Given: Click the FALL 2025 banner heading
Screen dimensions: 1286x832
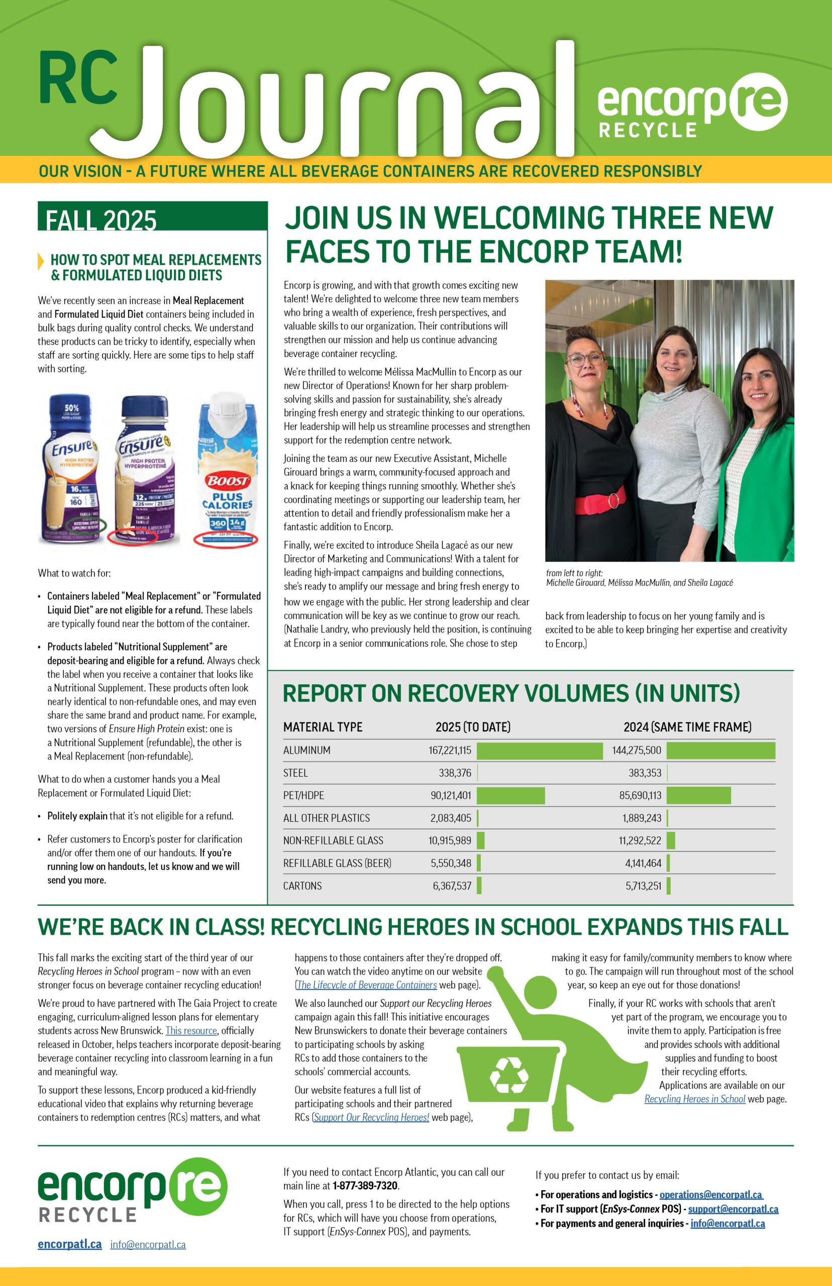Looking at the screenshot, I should [101, 220].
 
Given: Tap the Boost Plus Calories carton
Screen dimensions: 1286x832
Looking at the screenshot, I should [227, 470].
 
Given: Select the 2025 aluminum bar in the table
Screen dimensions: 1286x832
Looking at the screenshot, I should [539, 751].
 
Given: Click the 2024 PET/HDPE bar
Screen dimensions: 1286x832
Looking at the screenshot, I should [698, 796].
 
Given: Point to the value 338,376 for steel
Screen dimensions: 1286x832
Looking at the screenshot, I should [455, 773].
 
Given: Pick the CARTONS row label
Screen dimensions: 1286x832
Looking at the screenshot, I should [302, 886].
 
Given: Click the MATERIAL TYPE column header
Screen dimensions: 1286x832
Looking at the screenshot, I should [323, 727].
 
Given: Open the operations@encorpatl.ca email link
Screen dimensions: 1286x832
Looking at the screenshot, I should [710, 1195].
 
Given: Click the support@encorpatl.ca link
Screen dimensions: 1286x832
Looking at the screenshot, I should [733, 1209].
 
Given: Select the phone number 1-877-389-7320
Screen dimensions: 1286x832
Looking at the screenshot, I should [365, 1186].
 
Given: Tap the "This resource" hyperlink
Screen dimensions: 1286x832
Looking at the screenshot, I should [191, 1030].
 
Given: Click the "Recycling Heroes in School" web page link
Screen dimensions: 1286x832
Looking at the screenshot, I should [694, 1099].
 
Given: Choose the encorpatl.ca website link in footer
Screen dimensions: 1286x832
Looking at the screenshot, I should [70, 1244].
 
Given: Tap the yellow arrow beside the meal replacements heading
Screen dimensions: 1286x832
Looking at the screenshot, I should [41, 261].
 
